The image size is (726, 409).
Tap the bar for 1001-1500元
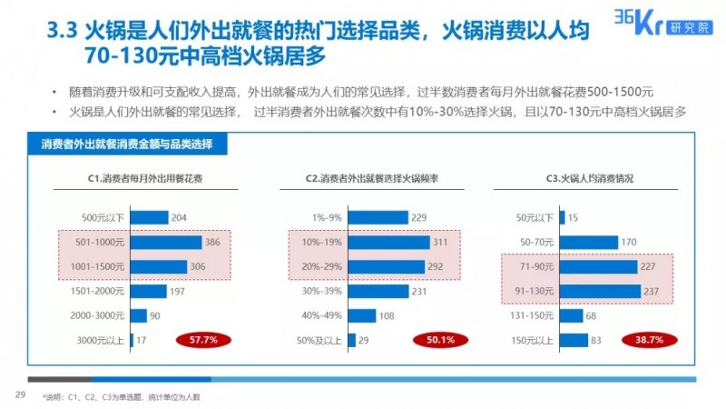[159, 266]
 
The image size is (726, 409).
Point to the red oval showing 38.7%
[645, 340]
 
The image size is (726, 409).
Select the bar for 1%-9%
[376, 217]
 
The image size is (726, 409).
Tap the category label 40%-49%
[322, 315]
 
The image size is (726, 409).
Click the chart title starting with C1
[152, 178]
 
